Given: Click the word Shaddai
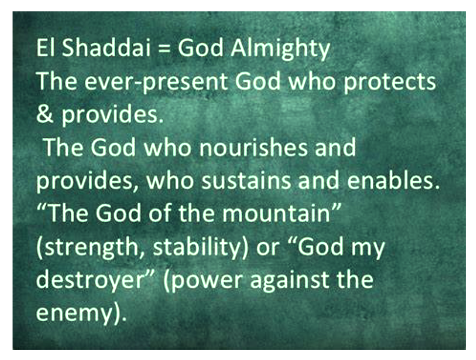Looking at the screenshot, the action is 106,48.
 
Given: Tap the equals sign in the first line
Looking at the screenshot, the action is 164,49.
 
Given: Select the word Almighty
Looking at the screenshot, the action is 280,49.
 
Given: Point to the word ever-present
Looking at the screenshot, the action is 156,82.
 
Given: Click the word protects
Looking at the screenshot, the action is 389,82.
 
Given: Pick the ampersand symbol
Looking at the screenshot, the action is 44,114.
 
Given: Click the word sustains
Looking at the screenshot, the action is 246,181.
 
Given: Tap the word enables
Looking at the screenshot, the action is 393,180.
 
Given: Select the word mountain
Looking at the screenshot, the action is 276,213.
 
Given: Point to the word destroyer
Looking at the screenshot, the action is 89,280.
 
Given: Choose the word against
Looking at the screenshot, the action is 289,281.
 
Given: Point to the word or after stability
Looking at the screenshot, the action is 267,248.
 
